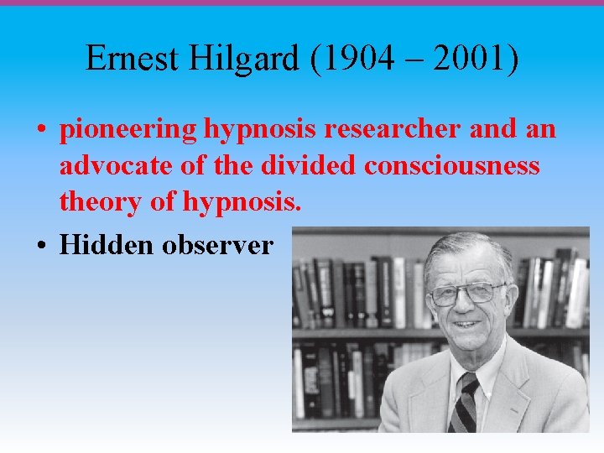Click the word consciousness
(452, 165)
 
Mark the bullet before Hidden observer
(41, 246)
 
